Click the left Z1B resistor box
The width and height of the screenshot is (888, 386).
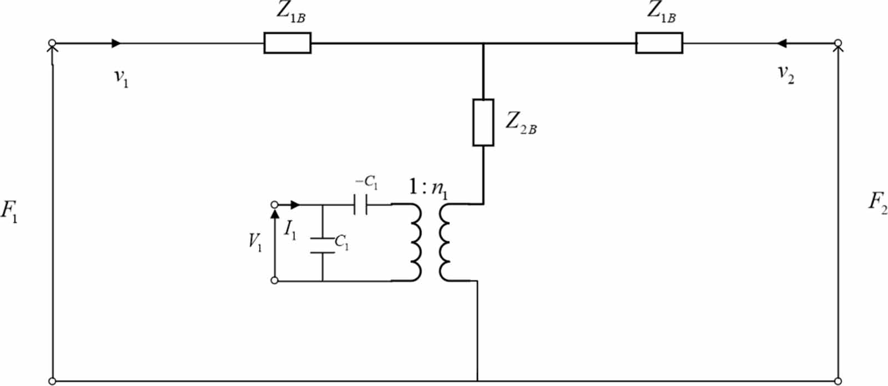pos(287,43)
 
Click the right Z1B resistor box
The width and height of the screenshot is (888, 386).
pos(659,43)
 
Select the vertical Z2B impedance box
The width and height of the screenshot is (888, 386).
pos(483,123)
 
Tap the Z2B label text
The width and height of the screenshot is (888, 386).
pos(520,123)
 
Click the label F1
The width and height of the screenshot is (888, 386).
pos(9,211)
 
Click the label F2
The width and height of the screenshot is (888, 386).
pos(877,203)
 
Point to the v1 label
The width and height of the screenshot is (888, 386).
pos(121,78)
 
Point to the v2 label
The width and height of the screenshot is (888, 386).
pos(785,74)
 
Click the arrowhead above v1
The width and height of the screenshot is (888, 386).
pos(116,43)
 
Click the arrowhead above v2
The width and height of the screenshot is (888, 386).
pos(783,43)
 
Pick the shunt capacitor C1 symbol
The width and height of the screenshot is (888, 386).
pos(322,246)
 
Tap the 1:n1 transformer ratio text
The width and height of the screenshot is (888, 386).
pos(428,189)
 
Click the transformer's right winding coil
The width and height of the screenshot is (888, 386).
pos(445,242)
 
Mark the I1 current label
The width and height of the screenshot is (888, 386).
pos(290,229)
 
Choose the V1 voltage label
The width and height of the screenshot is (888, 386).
pos(255,242)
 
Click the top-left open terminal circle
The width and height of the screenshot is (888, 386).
pos(52,43)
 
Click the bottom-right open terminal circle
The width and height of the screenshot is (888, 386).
pos(839,381)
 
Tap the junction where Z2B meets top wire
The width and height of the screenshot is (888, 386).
pos(483,43)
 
